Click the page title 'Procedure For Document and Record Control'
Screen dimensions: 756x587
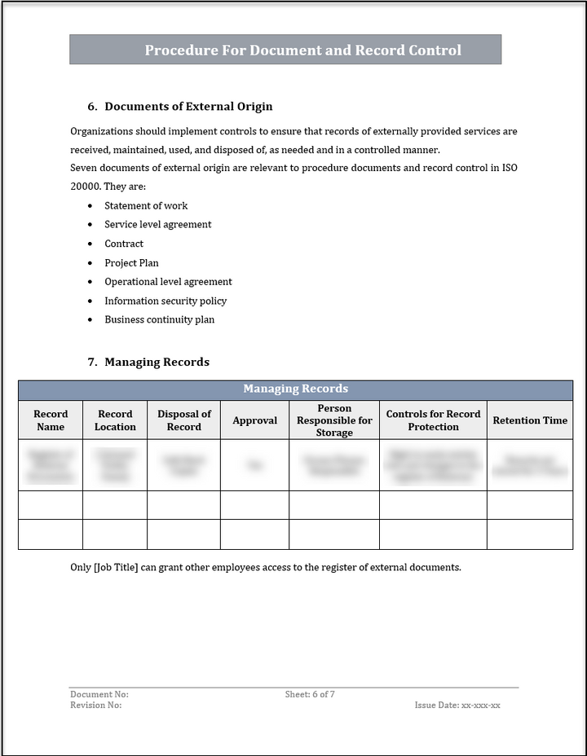click(302, 51)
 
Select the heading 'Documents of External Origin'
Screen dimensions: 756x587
click(188, 107)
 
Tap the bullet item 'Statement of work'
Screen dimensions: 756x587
click(146, 206)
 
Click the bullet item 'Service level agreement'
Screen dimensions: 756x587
click(157, 225)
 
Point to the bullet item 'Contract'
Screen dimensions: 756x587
click(124, 244)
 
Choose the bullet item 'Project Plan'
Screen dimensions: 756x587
click(131, 263)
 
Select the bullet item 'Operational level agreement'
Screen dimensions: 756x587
click(168, 282)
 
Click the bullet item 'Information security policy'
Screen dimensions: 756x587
click(166, 301)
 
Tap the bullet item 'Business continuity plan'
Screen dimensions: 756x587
click(159, 320)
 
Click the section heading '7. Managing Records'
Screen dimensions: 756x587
click(148, 363)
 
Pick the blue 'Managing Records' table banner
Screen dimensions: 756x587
click(295, 389)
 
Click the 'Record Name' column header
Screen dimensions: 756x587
click(51, 420)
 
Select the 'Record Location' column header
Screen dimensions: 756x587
click(115, 420)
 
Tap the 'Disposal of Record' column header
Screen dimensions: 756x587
click(184, 420)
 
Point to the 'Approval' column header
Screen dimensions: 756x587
click(254, 420)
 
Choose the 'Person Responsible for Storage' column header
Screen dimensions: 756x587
click(334, 420)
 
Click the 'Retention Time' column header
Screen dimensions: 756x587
click(530, 420)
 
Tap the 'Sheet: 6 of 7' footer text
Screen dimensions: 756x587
click(310, 695)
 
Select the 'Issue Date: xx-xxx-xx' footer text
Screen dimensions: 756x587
click(457, 705)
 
